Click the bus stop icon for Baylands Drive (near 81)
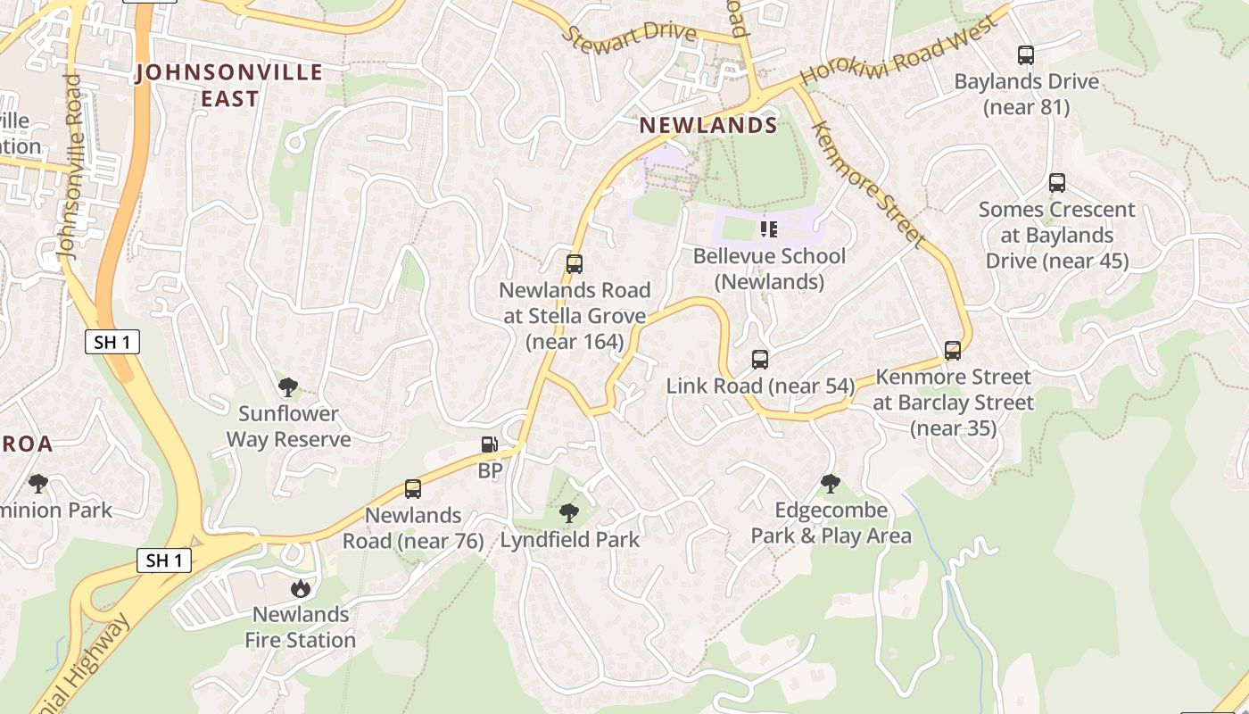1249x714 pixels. (1026, 55)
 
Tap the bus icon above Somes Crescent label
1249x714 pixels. (1057, 183)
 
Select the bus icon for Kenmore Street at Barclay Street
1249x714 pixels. (953, 351)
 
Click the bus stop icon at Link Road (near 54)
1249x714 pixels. (760, 360)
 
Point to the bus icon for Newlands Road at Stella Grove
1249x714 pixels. (575, 264)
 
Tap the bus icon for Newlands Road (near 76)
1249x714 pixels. (413, 489)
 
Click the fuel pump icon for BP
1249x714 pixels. (489, 444)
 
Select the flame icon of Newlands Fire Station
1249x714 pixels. (301, 588)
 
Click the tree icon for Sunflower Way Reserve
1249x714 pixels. (287, 387)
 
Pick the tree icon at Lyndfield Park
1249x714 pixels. (568, 513)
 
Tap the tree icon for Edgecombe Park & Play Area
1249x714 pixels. (831, 484)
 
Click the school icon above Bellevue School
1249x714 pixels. (769, 229)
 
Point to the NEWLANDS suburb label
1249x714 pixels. (708, 126)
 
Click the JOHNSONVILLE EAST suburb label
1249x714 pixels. (229, 85)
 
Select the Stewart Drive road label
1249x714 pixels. (629, 34)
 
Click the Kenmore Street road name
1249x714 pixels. (865, 184)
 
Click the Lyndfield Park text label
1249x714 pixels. (570, 540)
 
